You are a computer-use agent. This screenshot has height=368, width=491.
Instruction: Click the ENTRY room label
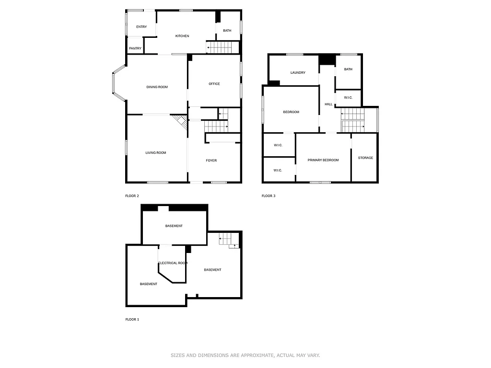141,27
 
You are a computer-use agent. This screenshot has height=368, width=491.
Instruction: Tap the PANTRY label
135,48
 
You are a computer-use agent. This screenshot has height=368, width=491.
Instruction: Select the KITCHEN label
182,36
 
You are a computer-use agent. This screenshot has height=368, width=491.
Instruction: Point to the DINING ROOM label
157,87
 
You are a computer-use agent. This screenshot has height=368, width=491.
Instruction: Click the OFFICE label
214,84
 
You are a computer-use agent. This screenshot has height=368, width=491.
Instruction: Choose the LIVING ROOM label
156,153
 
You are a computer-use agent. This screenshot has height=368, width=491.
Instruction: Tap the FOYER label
211,161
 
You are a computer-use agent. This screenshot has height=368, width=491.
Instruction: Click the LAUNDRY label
298,73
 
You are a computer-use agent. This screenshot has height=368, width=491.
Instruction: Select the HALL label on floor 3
328,104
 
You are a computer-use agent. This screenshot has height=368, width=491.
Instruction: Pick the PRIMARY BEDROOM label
323,160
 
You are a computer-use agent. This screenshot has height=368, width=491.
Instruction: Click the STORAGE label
365,158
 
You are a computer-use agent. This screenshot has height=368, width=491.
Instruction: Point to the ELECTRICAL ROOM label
173,263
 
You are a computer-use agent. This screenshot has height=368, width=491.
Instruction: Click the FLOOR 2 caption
132,196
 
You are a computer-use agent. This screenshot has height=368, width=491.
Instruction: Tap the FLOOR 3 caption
269,196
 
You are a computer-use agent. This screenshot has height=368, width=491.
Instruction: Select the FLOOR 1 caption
132,319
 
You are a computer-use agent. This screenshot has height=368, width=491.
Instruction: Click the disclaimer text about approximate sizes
245,356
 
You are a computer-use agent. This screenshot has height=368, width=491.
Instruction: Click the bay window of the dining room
118,87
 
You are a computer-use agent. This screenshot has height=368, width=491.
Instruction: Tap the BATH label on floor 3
348,69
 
